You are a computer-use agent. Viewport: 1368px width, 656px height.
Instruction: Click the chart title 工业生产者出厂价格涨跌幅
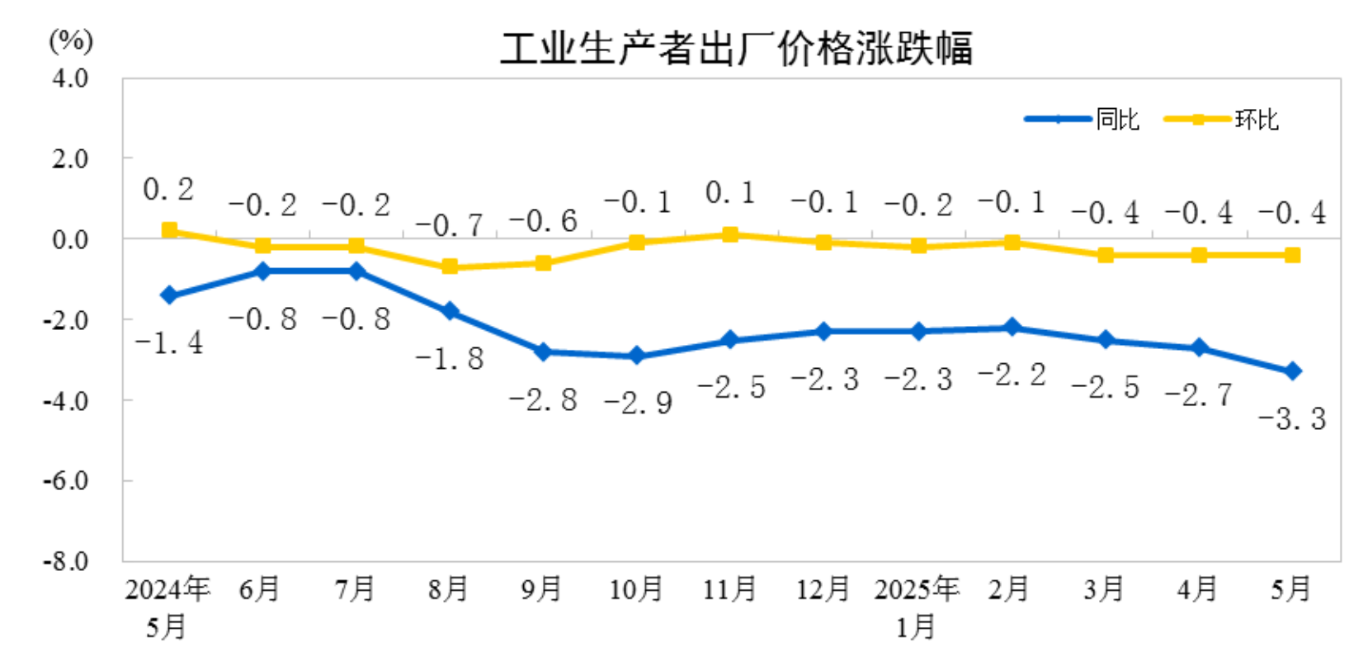(x=736, y=48)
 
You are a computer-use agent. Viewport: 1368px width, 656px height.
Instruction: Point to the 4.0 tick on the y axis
(x=70, y=78)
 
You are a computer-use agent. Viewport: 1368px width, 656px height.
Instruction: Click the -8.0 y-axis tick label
(x=66, y=561)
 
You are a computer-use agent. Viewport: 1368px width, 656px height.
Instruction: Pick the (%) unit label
(x=71, y=40)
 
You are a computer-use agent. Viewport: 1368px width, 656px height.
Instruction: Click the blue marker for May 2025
(x=1292, y=371)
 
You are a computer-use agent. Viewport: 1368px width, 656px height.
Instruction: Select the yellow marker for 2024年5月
(x=169, y=230)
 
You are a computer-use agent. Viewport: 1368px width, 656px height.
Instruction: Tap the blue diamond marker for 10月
(x=636, y=356)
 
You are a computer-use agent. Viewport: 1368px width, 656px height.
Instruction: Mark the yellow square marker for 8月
(x=450, y=267)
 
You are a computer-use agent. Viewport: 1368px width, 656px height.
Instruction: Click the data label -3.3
(x=1292, y=419)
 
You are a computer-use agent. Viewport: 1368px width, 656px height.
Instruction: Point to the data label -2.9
(x=638, y=403)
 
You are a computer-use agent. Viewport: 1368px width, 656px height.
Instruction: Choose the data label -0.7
(x=449, y=224)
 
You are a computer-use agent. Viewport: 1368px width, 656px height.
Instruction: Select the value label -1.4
(x=169, y=342)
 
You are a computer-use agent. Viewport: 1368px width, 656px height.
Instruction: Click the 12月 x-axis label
(x=823, y=589)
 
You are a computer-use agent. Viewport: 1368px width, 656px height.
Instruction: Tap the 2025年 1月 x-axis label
(x=917, y=607)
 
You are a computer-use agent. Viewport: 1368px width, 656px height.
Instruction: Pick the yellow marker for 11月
(x=730, y=234)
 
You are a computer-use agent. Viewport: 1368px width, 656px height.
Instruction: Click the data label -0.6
(x=543, y=221)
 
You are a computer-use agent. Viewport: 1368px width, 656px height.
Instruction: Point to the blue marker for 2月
(x=1012, y=328)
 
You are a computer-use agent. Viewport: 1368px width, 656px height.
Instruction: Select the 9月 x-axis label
(x=541, y=589)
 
